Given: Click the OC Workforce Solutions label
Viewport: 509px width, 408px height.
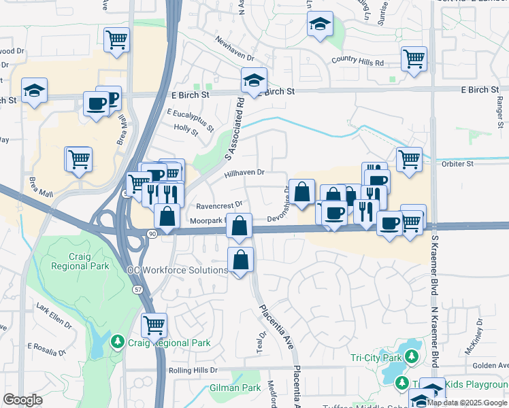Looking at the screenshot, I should tap(178, 270).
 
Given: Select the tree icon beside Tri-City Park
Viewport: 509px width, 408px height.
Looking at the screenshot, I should tap(411, 356).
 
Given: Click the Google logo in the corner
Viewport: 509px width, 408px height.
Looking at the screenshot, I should tap(22, 400).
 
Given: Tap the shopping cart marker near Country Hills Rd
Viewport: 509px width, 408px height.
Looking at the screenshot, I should tap(414, 58).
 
